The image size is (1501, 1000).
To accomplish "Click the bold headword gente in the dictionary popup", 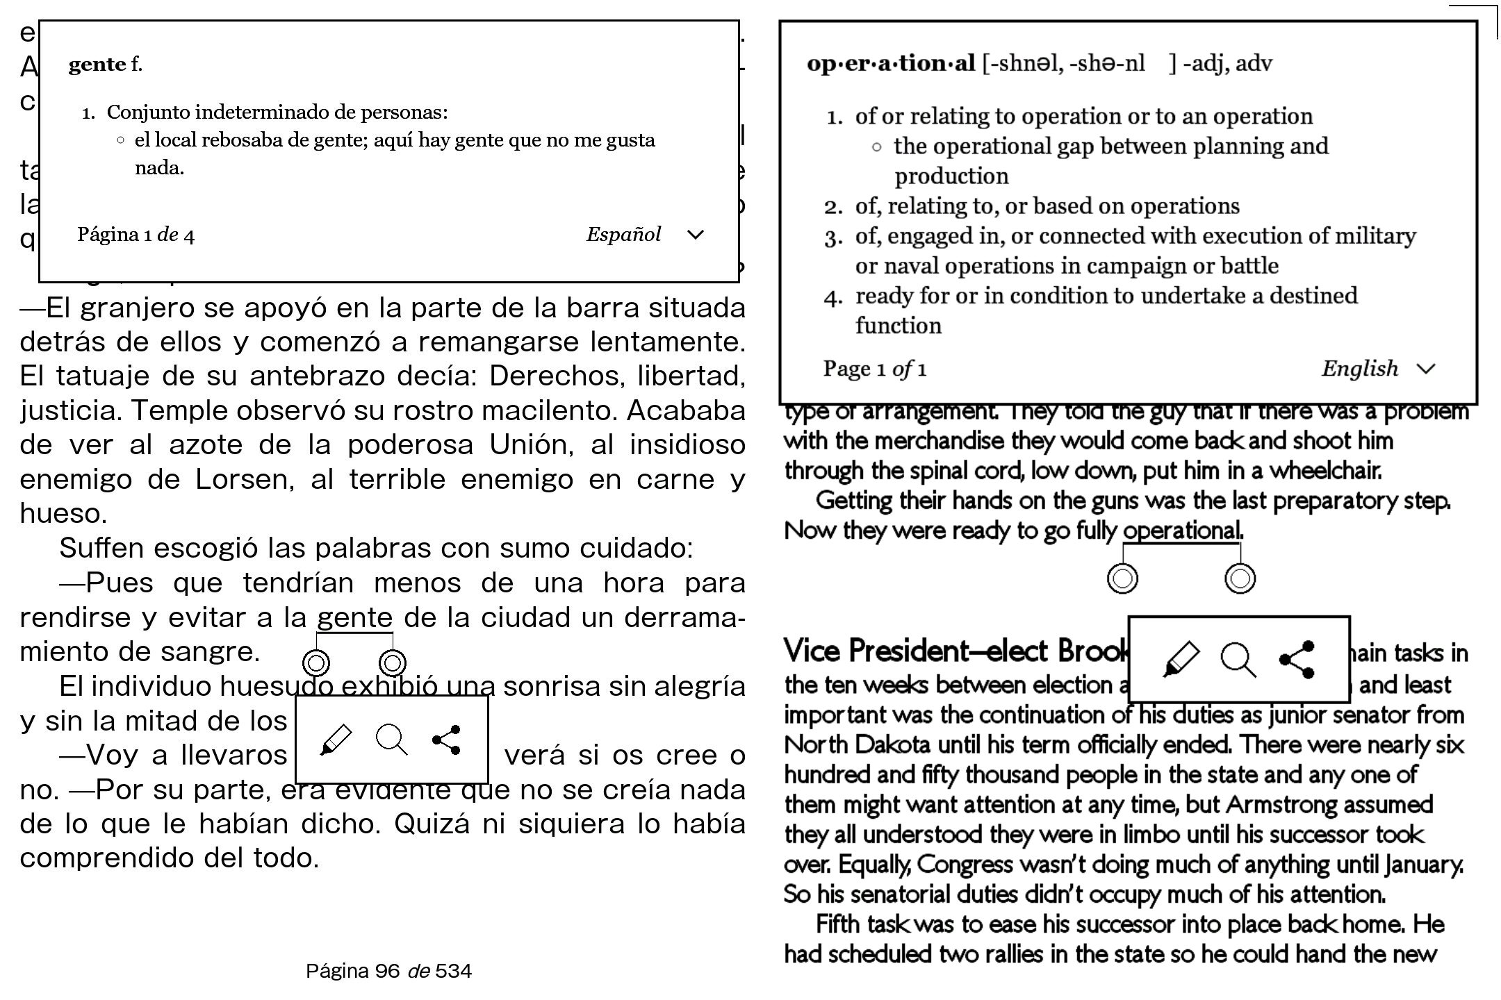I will pyautogui.click(x=97, y=65).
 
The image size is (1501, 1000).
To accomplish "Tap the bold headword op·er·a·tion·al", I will pyautogui.click(x=891, y=64).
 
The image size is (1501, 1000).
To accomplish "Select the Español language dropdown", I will pyautogui.click(x=645, y=235).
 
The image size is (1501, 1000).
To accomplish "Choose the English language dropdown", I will pyautogui.click(x=1378, y=369).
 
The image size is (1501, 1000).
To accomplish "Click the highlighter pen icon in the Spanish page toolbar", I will pyautogui.click(x=336, y=740).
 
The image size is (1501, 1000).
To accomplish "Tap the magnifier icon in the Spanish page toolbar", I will pyautogui.click(x=391, y=740).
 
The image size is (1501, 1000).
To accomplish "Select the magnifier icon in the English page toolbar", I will pyautogui.click(x=1238, y=659).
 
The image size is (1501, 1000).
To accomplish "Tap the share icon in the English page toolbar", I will pyautogui.click(x=1297, y=659).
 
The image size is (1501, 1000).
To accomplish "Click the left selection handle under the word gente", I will pyautogui.click(x=316, y=663).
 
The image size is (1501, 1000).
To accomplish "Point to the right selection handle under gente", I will pyautogui.click(x=393, y=663).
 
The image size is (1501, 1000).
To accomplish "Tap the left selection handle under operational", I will pyautogui.click(x=1122, y=578).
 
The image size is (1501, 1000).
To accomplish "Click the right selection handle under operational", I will pyautogui.click(x=1240, y=578).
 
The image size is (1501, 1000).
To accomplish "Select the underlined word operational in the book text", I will pyautogui.click(x=1181, y=531).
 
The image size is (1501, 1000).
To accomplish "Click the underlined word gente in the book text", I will pyautogui.click(x=355, y=617).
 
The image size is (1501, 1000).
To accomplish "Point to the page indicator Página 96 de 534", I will pyautogui.click(x=388, y=971).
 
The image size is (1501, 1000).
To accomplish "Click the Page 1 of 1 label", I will pyautogui.click(x=874, y=369).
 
